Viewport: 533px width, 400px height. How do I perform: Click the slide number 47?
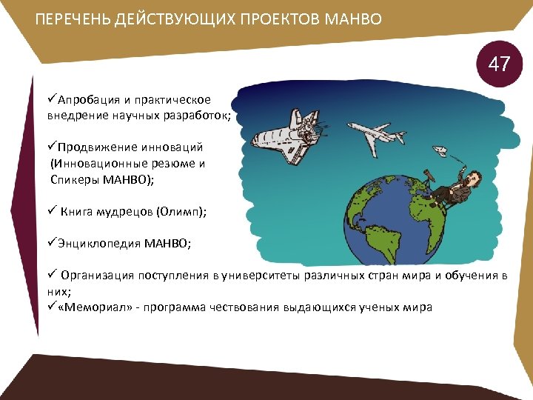499,64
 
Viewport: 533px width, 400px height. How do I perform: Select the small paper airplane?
439,153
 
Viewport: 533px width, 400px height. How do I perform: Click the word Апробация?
88,100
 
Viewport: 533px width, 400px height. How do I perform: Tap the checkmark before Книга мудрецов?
52,210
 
